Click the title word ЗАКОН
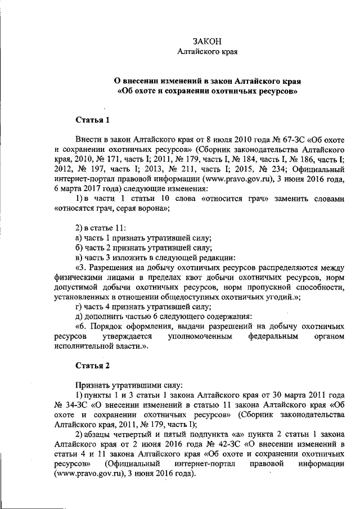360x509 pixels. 206,42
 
